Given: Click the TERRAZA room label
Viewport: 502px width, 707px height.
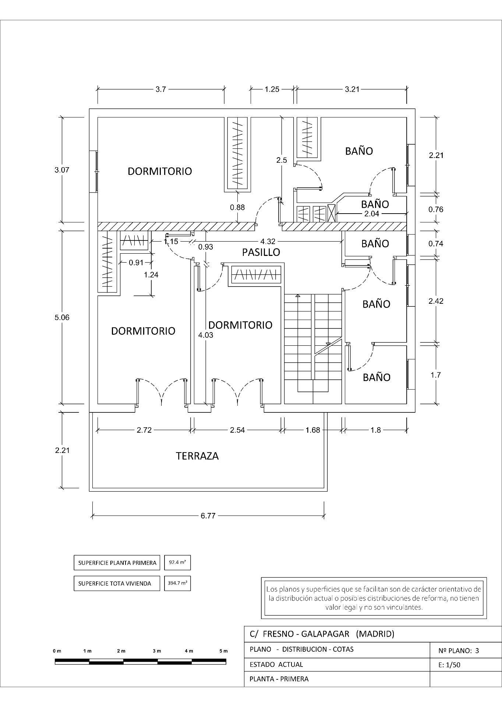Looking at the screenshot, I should point(197,456).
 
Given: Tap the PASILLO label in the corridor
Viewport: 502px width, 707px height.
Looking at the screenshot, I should point(261,252).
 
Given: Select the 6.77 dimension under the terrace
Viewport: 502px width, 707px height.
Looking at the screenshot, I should point(208,516).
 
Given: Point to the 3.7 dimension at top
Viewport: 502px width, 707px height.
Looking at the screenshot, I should point(160,89).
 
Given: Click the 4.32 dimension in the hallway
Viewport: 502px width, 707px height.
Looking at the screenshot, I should point(268,242).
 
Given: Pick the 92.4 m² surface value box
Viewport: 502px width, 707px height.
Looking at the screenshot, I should point(177,563).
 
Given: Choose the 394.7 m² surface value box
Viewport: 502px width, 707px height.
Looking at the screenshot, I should point(177,583).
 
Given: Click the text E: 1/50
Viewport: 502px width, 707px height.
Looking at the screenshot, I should point(449,665).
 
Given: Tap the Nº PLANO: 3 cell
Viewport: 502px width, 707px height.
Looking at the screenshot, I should point(459,651).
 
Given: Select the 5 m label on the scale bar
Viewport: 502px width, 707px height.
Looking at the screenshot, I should point(223,651).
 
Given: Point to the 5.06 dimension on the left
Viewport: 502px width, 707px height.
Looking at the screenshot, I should point(62,317).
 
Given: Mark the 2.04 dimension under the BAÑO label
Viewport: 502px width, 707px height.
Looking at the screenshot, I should point(371,214).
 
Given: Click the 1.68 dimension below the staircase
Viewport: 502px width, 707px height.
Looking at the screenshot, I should point(313,430).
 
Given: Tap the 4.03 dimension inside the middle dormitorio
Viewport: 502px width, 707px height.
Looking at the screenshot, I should point(205,335).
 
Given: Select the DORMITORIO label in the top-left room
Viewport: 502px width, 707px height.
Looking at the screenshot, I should point(160,171).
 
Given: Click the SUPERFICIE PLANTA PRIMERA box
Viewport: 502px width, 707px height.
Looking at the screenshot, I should point(117,563).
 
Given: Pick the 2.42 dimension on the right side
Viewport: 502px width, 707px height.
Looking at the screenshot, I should point(436,301).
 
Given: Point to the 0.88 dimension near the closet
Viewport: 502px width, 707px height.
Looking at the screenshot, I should point(237,207).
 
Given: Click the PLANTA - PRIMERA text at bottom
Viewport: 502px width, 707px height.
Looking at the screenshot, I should point(279,679).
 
